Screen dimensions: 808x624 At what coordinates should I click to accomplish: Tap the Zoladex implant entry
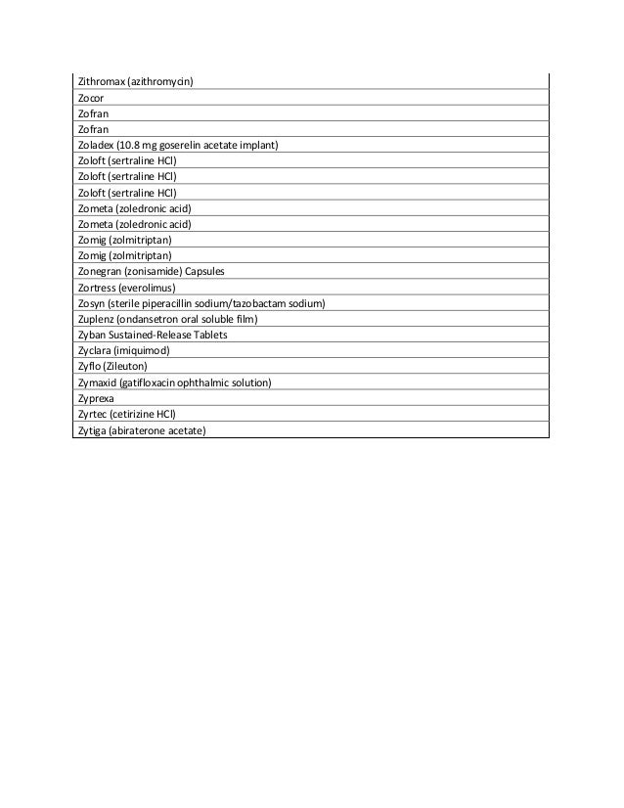point(177,146)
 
